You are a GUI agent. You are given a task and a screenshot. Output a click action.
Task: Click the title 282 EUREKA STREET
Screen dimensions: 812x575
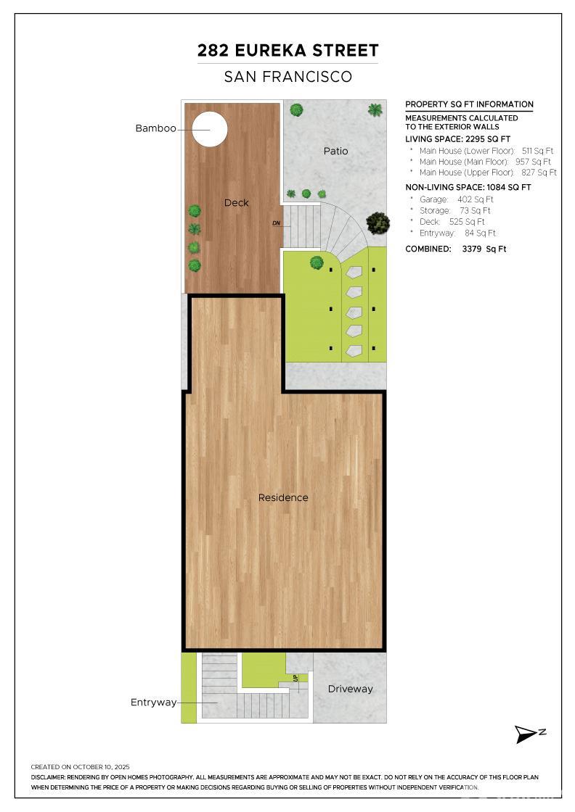[x=287, y=51]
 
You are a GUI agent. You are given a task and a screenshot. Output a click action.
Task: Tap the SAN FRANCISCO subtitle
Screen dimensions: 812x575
[x=287, y=77]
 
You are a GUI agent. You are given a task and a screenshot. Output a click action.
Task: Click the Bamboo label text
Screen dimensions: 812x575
[x=155, y=128]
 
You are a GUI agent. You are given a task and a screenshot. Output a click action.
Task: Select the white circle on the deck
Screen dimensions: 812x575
[x=210, y=129]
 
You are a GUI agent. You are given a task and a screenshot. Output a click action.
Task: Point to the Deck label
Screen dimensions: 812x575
[x=236, y=203]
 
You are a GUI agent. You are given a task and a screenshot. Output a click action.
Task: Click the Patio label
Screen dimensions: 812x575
[x=335, y=151]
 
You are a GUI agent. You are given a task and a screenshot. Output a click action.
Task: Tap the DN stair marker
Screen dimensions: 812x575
[x=276, y=223]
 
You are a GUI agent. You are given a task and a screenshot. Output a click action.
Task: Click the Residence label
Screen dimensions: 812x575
[x=283, y=497]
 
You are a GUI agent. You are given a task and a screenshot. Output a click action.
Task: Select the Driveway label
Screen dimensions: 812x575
[x=350, y=689]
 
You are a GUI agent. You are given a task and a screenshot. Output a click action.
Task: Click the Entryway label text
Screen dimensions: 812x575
[x=153, y=703]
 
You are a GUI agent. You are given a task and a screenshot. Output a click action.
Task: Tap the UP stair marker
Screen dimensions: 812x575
[x=295, y=679]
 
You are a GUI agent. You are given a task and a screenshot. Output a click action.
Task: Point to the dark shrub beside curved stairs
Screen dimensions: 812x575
[x=378, y=223]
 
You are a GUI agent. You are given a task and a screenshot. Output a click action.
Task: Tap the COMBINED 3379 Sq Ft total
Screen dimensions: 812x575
[x=456, y=249]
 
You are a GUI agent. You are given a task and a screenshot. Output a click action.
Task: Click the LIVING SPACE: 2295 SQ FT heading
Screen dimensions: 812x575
[x=457, y=139]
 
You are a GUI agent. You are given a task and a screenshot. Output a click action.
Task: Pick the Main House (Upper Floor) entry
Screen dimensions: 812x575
[x=487, y=173]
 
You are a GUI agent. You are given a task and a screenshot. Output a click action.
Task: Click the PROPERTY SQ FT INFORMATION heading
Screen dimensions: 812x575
[x=469, y=104]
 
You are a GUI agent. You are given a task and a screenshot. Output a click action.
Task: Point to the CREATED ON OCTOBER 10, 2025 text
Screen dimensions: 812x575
[x=80, y=766]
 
